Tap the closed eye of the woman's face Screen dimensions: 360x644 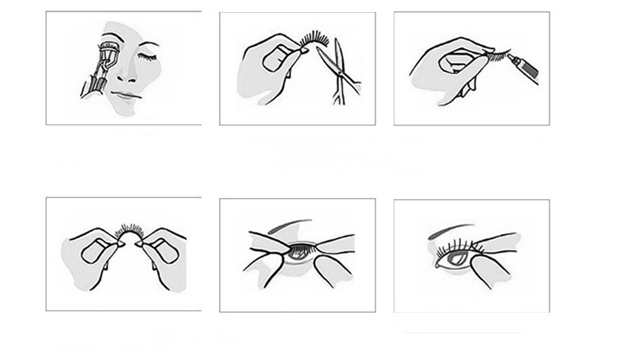click(x=150, y=57)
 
